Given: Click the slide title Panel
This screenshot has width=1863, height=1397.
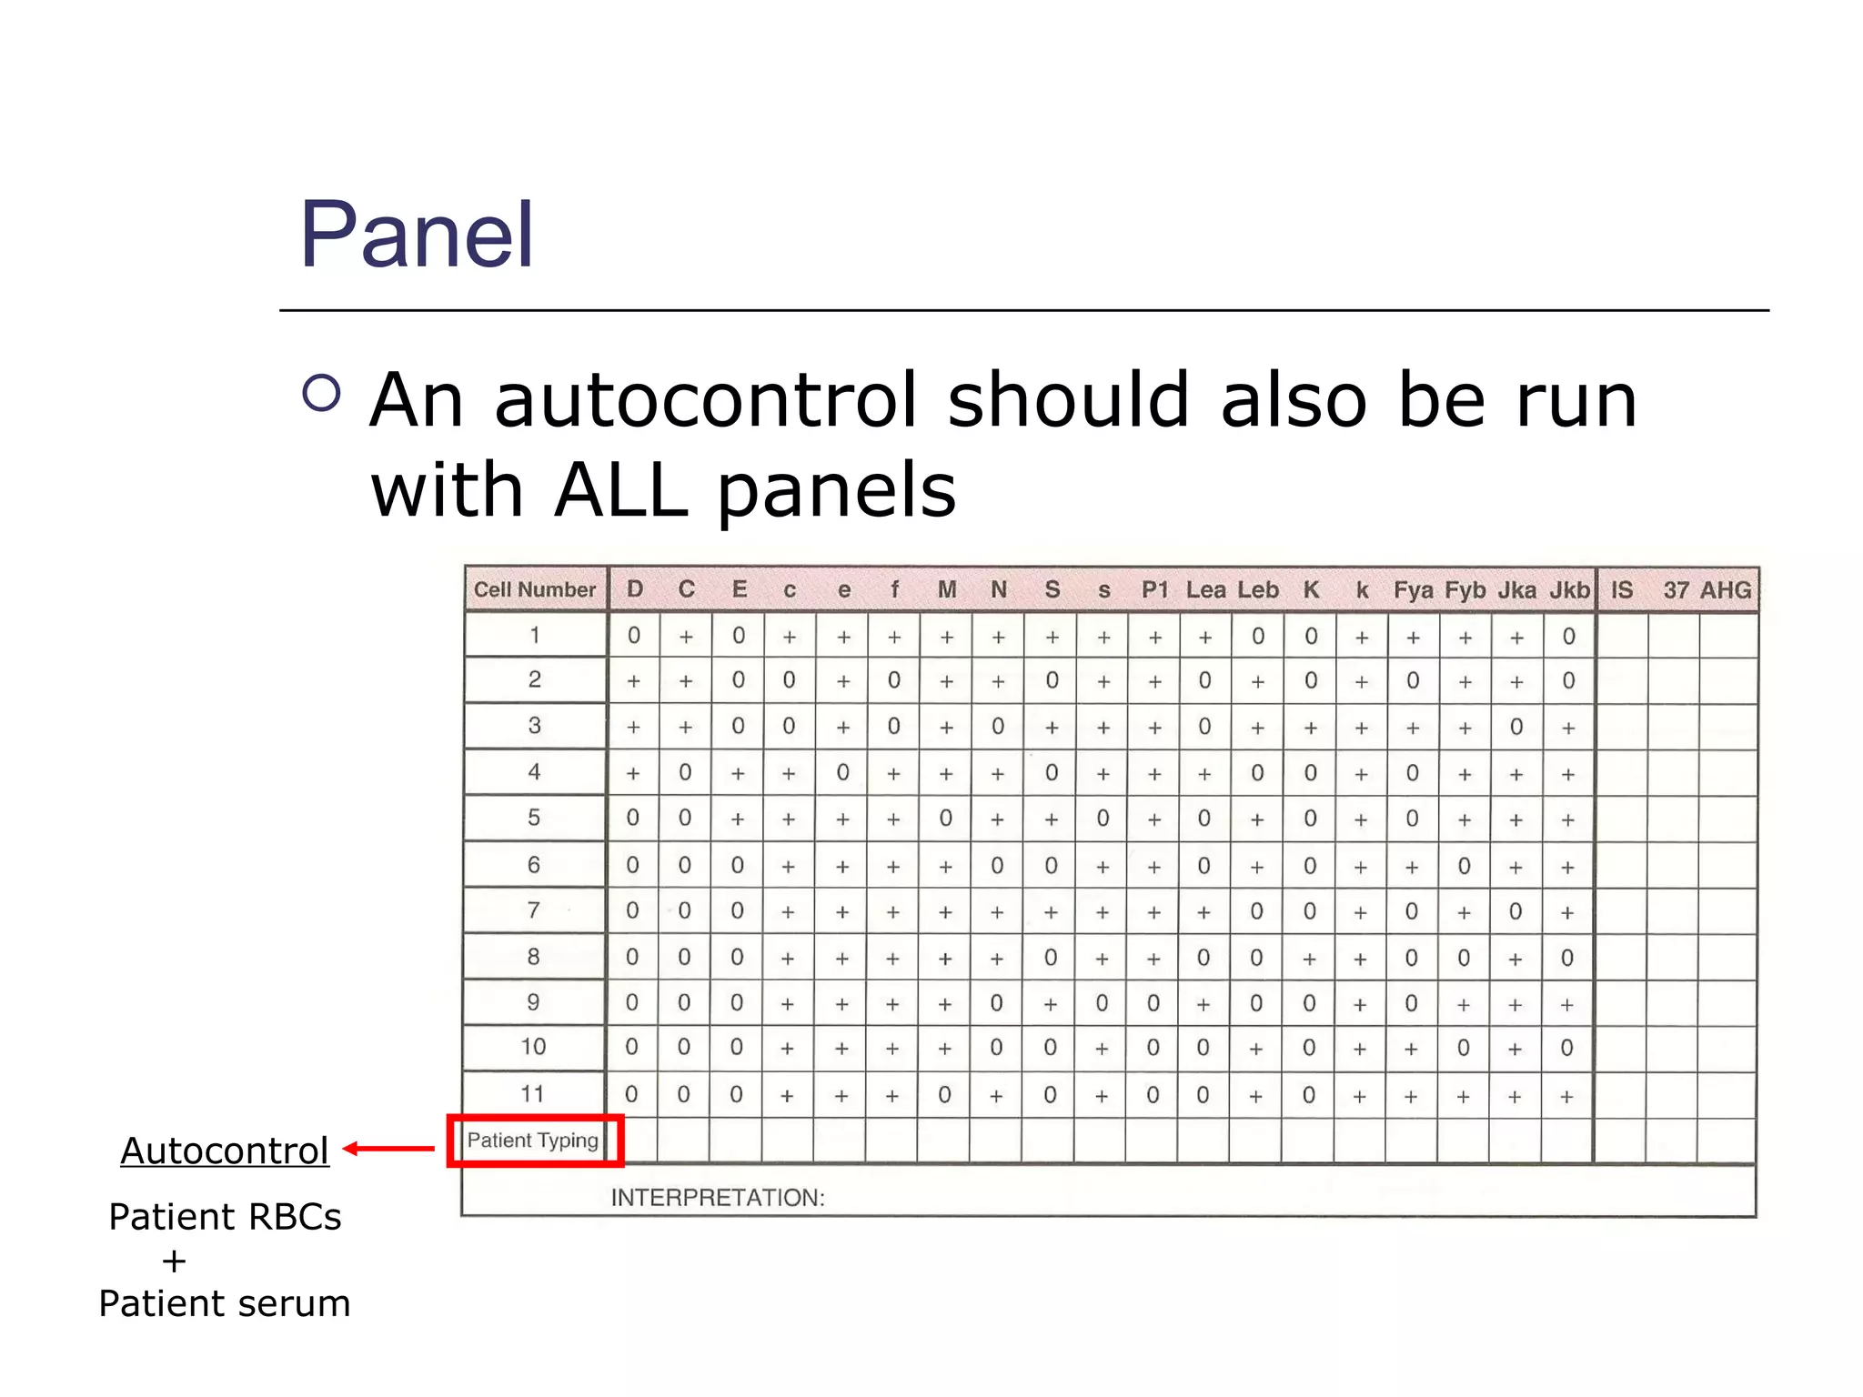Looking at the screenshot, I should tap(417, 236).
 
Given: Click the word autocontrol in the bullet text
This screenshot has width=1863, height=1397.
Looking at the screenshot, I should tap(705, 400).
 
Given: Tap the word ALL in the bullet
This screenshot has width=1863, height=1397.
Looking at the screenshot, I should tap(620, 490).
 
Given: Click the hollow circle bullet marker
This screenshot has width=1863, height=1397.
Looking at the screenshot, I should tap(321, 393).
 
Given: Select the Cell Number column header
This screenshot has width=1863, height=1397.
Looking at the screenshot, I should tap(535, 589).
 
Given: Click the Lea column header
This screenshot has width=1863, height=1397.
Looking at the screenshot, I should tap(1205, 590).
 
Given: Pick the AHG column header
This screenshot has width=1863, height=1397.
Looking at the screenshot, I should tap(1726, 590).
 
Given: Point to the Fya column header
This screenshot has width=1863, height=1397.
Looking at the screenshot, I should tap(1413, 590).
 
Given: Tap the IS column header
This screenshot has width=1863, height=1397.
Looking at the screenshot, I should tap(1622, 590).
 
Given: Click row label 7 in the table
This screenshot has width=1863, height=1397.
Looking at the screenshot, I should tap(534, 910).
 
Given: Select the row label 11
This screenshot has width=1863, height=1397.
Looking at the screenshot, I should tap(533, 1093).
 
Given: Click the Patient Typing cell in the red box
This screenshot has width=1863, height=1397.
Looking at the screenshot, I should tap(533, 1141).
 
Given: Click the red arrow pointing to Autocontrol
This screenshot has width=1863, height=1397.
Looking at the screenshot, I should tap(389, 1149).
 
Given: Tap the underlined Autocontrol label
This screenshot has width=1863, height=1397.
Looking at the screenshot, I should tap(225, 1151).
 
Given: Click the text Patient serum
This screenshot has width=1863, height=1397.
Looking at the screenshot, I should tap(225, 1303).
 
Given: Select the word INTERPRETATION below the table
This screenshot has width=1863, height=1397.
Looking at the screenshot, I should tap(718, 1198).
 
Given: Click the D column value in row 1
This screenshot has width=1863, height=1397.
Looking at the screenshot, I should tap(634, 636).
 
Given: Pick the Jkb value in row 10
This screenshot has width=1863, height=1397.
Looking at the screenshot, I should tap(1566, 1048).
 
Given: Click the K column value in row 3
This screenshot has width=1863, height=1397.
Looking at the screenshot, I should tap(1310, 728).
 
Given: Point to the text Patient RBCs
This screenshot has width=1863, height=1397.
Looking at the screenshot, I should tap(225, 1217).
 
